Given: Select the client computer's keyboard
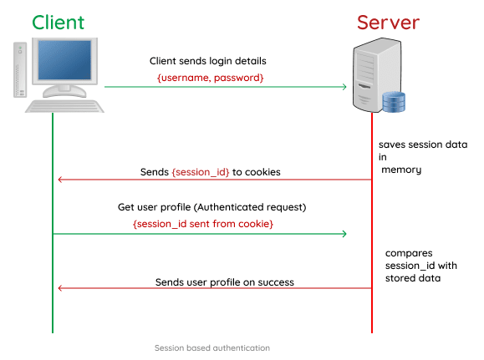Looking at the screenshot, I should point(64,105).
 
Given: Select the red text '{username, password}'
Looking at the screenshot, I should point(210,77).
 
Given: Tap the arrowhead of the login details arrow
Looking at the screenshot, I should point(343,87).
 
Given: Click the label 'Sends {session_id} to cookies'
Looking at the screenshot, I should point(210,172).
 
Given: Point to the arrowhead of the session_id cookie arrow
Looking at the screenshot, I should point(59,180).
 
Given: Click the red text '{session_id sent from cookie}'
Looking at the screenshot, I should point(203,224).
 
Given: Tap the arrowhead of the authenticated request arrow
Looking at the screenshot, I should point(343,234).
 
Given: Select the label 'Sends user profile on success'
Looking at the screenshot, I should point(224,282).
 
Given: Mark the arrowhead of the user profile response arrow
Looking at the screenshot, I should point(59,289).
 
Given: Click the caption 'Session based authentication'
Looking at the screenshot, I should point(211,347).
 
